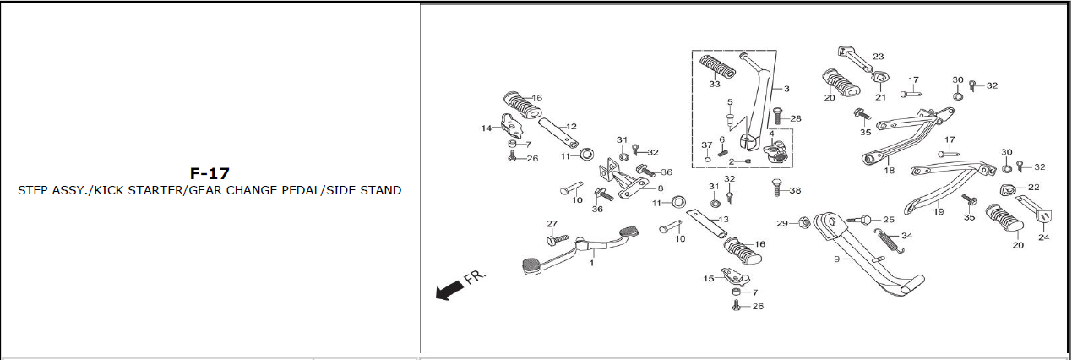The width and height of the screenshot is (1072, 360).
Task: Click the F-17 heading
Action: coord(210,173)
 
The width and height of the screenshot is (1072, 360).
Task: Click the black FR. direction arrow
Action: coord(450,290)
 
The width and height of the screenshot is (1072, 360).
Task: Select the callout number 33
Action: coord(715,85)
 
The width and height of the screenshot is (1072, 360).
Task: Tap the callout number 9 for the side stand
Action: coord(836,259)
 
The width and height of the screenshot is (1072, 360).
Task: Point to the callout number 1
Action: coord(591,263)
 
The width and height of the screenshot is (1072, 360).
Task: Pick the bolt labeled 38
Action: coord(777,187)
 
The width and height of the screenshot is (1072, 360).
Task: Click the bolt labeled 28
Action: coord(778,116)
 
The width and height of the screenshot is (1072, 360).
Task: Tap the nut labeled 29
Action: coord(804,222)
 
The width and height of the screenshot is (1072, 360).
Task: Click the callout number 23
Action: coord(879,57)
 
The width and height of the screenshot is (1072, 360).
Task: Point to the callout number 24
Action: coord(1044,237)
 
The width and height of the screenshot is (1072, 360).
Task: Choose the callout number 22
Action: coord(1034,187)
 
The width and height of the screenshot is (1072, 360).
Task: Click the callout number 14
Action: coord(487,128)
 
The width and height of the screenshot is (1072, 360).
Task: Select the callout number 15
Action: coord(709,279)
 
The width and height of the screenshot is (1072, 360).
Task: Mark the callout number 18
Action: coord(890,171)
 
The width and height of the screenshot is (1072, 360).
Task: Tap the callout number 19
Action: coord(939,211)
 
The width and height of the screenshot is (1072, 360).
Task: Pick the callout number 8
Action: coord(661,188)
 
